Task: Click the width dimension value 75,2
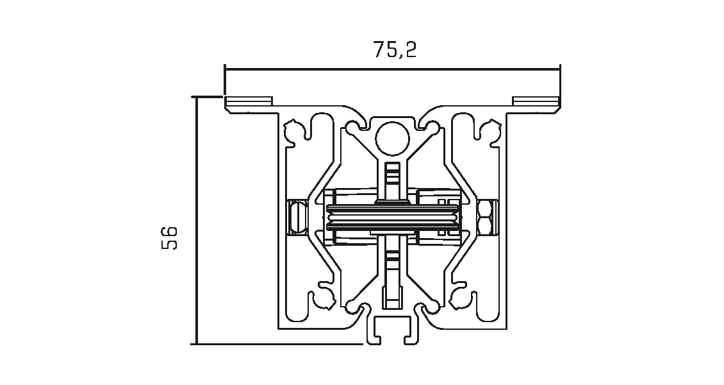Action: point(395,50)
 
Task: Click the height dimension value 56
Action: point(169,238)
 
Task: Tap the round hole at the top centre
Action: point(392,138)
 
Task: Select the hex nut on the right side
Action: point(486,217)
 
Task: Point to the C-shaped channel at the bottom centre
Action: point(392,330)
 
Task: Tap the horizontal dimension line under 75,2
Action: point(393,69)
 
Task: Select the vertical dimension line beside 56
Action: point(197,221)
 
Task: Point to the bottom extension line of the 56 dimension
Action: point(277,344)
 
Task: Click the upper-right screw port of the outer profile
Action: point(490,132)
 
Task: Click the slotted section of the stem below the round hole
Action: point(392,174)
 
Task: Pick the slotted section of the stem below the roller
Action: point(392,264)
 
